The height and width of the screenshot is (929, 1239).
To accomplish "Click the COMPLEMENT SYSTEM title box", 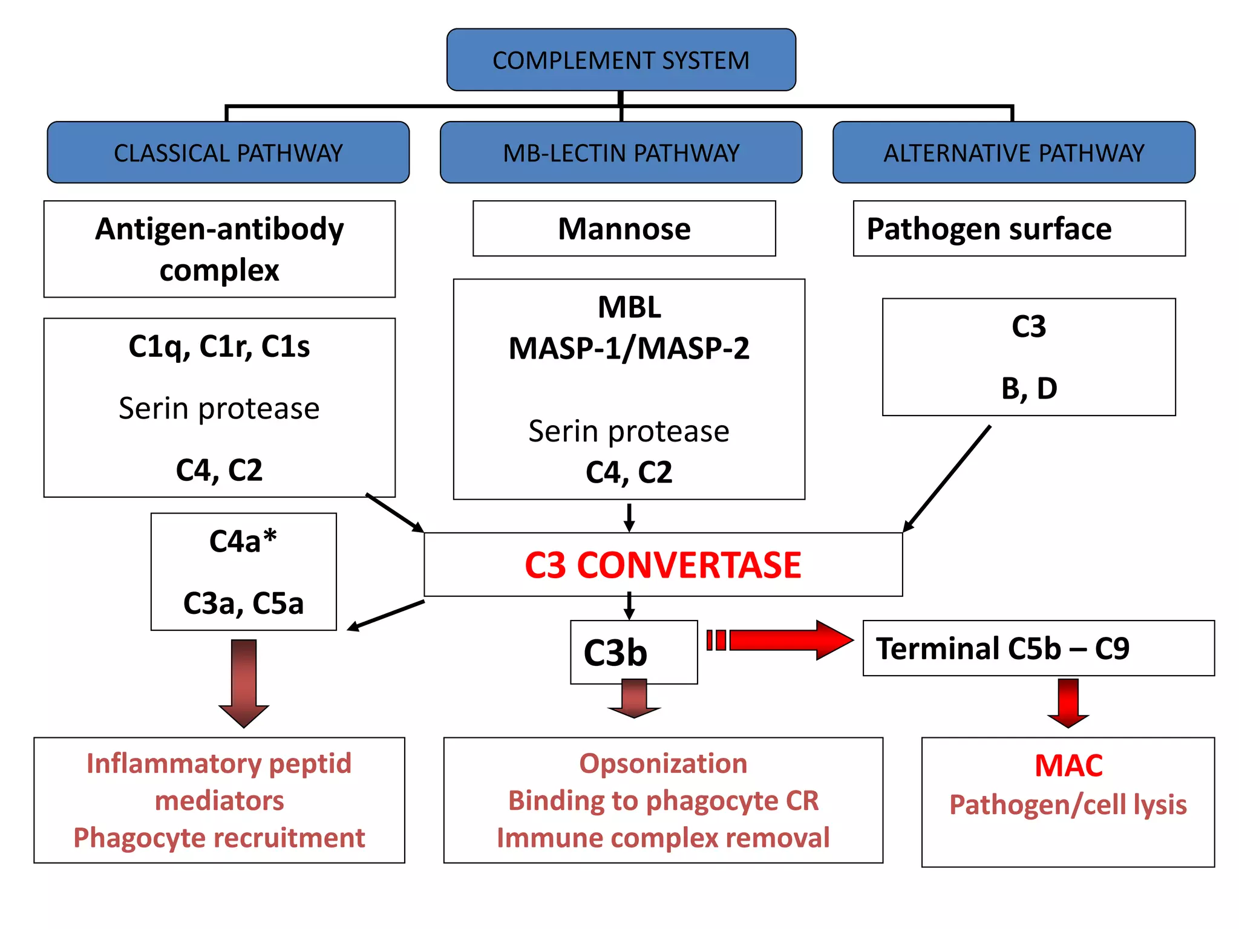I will coord(621,60).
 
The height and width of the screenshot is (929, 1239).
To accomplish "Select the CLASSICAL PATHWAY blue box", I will coord(228,152).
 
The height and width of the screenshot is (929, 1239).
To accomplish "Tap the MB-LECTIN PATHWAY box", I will coord(621,152).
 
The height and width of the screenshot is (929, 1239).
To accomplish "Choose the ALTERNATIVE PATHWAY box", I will coord(1013,152).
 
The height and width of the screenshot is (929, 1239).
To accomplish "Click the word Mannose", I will coord(624,229).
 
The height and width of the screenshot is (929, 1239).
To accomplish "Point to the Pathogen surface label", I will coord(989,229).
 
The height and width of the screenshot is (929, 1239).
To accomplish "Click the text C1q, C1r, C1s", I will coord(219,347).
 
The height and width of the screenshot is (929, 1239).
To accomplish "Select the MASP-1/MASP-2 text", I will coord(629,348).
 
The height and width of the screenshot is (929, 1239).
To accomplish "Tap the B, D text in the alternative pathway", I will coord(1028,388).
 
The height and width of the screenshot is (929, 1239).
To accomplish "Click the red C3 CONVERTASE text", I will coord(662,565).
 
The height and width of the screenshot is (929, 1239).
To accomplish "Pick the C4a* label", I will coord(243,541).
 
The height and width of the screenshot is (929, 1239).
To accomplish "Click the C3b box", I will coord(633,652).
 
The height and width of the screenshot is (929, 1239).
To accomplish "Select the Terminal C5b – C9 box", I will coord(1038,648).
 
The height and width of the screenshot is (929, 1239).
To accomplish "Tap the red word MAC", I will coord(1068,765).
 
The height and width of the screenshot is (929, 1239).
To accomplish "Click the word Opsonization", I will coord(663,763).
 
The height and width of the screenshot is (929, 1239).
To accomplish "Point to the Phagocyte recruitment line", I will coord(219,838).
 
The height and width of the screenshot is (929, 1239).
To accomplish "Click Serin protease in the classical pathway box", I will coord(219,408).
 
